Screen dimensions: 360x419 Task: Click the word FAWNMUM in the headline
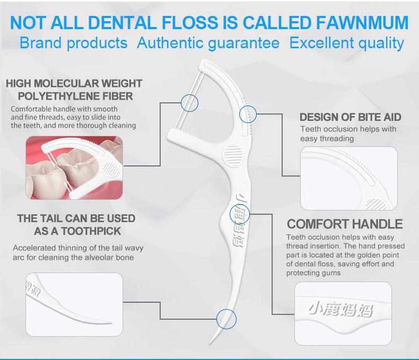(x=362, y=23)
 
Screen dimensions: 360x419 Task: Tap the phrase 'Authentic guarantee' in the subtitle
(x=208, y=43)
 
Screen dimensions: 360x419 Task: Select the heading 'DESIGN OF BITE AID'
(x=350, y=117)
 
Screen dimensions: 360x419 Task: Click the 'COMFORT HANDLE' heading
(x=345, y=224)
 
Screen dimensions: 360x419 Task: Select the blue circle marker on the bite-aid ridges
(x=248, y=113)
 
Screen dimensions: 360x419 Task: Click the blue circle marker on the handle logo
(x=238, y=214)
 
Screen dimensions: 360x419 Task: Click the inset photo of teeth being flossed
(x=74, y=168)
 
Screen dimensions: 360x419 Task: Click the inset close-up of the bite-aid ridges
(x=348, y=178)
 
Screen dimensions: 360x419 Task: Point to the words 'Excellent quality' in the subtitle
(x=346, y=43)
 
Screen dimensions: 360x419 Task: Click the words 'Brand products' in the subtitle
(x=73, y=43)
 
